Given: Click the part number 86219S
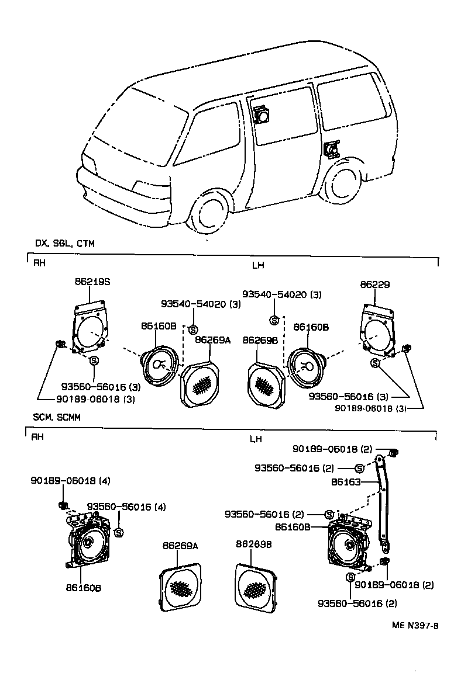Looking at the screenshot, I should [92, 282].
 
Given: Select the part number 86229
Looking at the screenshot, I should [375, 285].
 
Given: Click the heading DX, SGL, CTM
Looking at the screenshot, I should [64, 243].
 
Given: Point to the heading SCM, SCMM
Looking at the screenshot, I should [57, 418].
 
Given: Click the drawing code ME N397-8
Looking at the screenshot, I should [415, 626].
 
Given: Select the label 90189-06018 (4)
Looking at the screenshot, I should [70, 481].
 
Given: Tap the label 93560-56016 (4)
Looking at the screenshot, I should [126, 507].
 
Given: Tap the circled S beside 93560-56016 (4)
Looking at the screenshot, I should [119, 532].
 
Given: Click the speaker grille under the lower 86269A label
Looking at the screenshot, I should [180, 587].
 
